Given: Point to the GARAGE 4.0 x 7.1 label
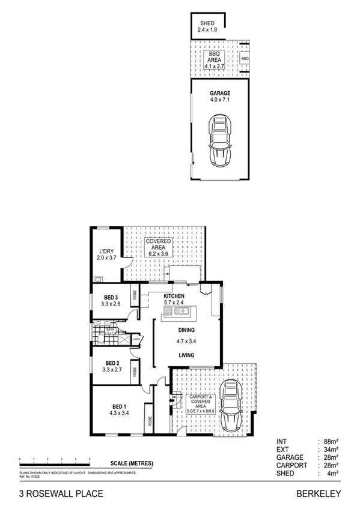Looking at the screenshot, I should [x=220, y=97].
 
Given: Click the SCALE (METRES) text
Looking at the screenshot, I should [x=132, y=463].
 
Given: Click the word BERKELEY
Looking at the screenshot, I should [x=319, y=493].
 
